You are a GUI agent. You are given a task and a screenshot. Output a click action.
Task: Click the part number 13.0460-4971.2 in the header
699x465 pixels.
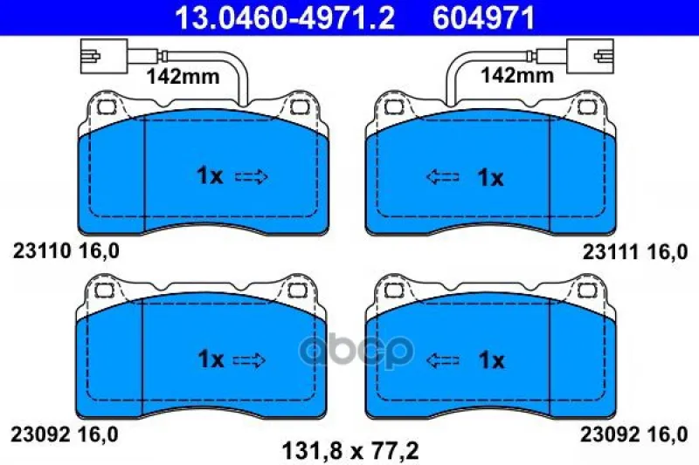click(285, 17)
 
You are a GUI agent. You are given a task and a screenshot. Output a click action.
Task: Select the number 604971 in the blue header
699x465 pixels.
click(484, 17)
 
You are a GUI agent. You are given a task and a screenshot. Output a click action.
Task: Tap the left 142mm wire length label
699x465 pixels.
click(183, 77)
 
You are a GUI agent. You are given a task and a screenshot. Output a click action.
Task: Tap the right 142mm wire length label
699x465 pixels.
click(516, 75)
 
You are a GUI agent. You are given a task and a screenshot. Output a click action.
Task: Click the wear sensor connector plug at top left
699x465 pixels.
click(104, 56)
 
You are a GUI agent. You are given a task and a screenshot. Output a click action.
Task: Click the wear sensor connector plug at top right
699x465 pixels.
click(591, 56)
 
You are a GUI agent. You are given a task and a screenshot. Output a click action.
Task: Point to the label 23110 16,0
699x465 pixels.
click(66, 251)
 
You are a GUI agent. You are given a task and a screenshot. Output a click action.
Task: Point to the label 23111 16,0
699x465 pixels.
click(635, 253)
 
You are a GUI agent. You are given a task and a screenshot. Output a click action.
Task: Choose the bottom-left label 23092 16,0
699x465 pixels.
click(64, 434)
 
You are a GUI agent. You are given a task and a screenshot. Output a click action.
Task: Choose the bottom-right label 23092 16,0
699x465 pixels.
click(634, 434)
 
